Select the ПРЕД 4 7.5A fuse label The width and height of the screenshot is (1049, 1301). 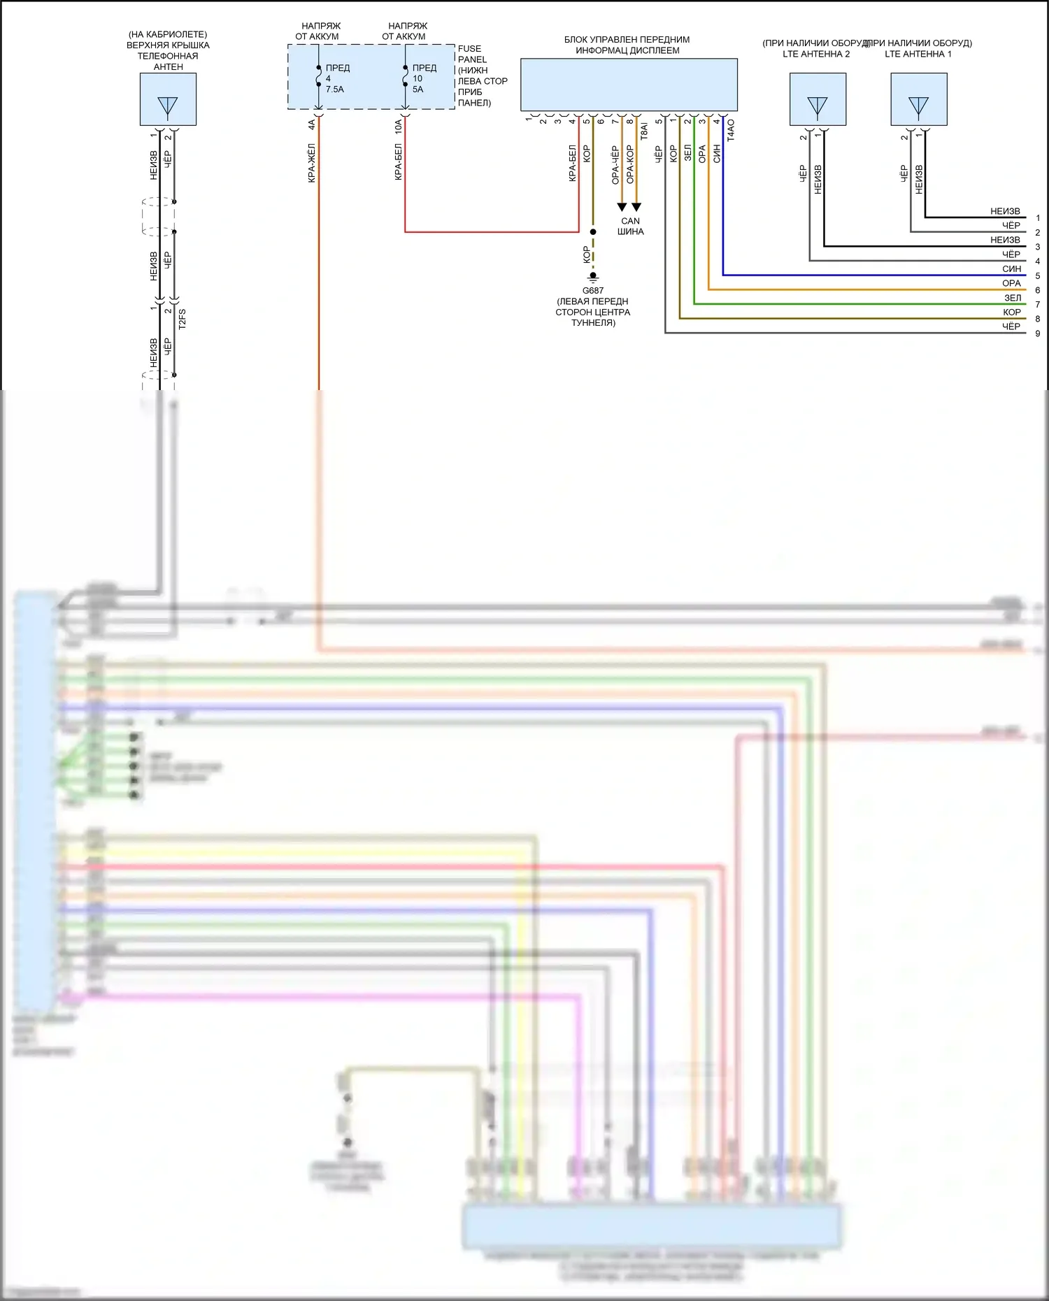click(x=337, y=78)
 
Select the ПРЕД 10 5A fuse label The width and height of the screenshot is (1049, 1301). click(x=424, y=78)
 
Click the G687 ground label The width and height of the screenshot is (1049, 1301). click(x=592, y=291)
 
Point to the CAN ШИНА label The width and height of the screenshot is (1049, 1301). click(x=630, y=226)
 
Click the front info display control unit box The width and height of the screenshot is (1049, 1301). click(x=628, y=85)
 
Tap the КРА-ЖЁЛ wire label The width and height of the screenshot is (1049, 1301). click(x=312, y=163)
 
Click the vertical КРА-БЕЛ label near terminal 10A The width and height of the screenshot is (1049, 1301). click(x=399, y=162)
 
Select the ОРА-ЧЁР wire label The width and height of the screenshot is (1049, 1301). click(x=615, y=165)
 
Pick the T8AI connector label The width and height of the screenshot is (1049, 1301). click(x=644, y=131)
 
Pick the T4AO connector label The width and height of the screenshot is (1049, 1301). click(x=731, y=131)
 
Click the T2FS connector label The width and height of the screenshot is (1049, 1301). click(x=182, y=319)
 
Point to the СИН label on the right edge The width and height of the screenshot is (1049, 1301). click(x=1011, y=269)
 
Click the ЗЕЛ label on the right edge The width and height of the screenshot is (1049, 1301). click(x=1012, y=298)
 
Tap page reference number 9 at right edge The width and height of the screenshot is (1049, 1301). click(x=1038, y=333)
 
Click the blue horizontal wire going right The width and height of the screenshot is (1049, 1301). click(x=874, y=275)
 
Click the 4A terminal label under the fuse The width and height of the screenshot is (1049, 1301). click(x=312, y=125)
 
